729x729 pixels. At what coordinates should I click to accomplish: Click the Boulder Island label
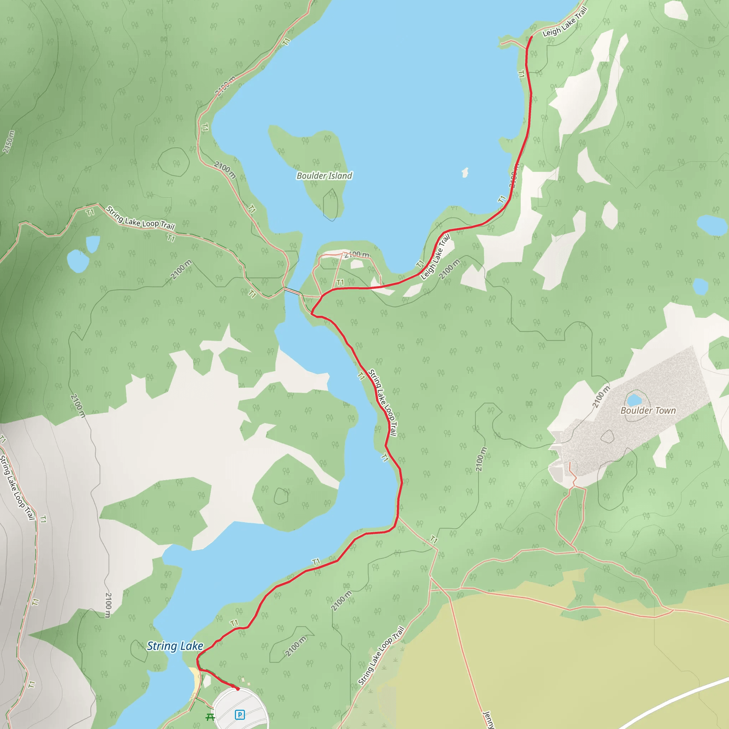click(x=324, y=176)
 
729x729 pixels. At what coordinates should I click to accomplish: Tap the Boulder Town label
click(x=648, y=410)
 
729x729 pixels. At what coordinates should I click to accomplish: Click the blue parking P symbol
click(x=240, y=714)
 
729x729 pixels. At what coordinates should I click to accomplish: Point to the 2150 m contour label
click(x=9, y=142)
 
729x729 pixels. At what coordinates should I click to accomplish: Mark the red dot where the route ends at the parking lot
click(x=238, y=689)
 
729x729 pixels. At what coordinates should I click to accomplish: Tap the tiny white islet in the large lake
click(x=465, y=172)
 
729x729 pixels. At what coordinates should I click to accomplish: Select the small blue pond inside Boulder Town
click(x=634, y=399)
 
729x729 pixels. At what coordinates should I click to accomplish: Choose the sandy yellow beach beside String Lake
click(x=196, y=680)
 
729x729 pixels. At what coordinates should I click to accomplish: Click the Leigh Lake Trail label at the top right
click(x=565, y=22)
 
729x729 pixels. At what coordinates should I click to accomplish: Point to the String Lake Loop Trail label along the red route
click(x=383, y=403)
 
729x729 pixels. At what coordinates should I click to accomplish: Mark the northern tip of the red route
click(x=532, y=37)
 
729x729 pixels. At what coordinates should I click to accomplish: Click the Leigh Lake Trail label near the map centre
click(x=435, y=257)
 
